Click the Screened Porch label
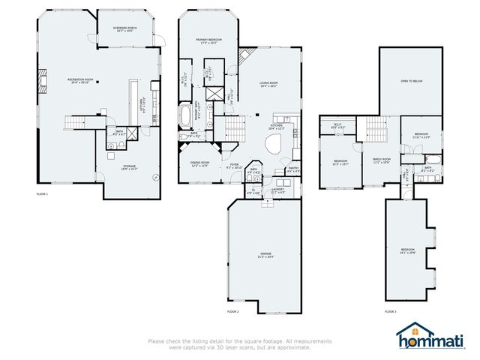click(x=124, y=28)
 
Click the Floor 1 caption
click(x=43, y=194)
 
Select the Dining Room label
click(x=199, y=163)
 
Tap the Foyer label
click(x=234, y=166)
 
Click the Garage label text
click(x=265, y=255)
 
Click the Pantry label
click(x=294, y=171)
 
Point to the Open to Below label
click(x=414, y=81)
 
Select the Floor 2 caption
click(x=232, y=310)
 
